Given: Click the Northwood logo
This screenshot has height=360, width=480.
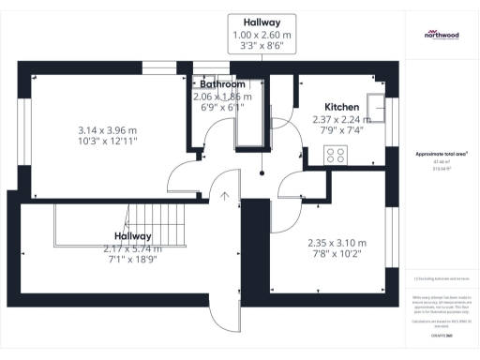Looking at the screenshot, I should click(441, 36).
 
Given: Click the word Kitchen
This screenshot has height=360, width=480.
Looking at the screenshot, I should click(341, 107).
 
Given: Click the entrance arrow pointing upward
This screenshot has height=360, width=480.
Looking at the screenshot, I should click(225, 195).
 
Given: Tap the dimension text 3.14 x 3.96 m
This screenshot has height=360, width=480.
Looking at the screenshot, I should click(106, 130).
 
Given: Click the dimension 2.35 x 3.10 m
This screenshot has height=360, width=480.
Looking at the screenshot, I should click(337, 243).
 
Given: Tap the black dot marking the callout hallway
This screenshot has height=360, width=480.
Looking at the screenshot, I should click(264, 172).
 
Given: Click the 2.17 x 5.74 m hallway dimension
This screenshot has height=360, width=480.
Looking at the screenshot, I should click(133, 248).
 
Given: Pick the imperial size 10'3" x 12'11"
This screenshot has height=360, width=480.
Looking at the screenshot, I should click(106, 142).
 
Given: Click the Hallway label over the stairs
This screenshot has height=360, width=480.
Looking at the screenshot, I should click(133, 236).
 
